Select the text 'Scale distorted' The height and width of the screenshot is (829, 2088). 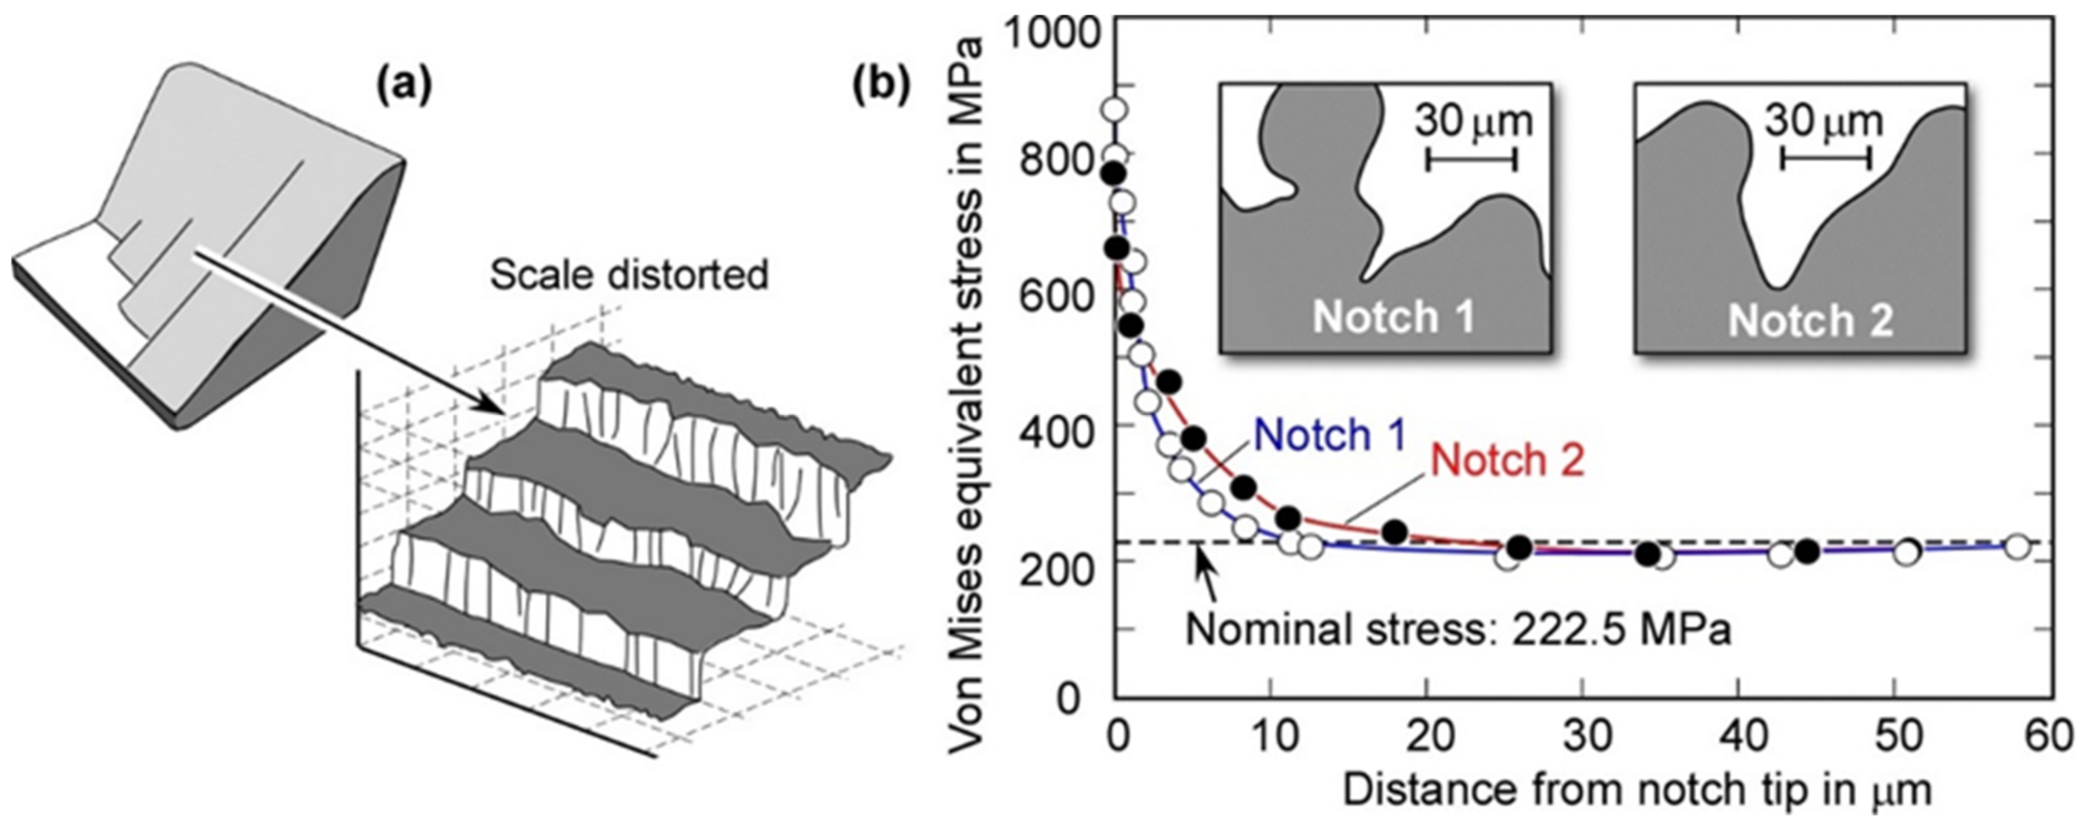[x=629, y=276]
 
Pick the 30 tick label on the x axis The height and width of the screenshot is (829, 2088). [x=1582, y=738]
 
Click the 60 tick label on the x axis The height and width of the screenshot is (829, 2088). [x=2049, y=738]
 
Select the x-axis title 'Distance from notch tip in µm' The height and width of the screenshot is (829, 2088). [x=1637, y=790]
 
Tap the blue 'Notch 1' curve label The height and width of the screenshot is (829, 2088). [x=1329, y=435]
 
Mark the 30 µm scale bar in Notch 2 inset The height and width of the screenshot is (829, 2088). [x=1825, y=159]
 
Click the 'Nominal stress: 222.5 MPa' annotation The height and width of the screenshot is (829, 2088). [x=1459, y=630]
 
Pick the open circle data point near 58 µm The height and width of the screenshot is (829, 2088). [x=2017, y=547]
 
